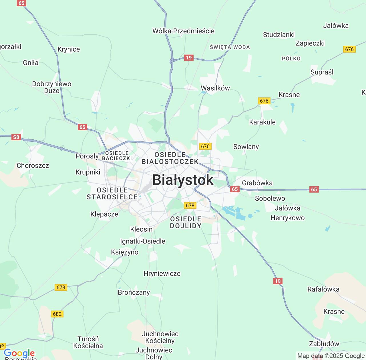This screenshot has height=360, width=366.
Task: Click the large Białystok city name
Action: [183, 180]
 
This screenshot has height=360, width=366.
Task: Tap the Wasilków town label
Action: [215, 88]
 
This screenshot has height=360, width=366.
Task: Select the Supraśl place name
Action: [322, 72]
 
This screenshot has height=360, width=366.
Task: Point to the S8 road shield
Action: [16, 137]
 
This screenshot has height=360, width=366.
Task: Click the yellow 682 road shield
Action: [57, 314]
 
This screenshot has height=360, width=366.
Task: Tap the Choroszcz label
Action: [33, 166]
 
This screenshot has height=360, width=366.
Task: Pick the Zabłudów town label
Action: [324, 344]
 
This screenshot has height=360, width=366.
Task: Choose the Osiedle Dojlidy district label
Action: [186, 222]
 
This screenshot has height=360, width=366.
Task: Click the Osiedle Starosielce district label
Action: [112, 193]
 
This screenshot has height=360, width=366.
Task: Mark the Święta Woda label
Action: [230, 47]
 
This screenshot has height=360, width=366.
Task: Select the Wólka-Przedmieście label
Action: [183, 31]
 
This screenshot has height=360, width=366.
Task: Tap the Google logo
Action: [19, 353]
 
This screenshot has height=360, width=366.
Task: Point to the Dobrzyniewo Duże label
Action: [52, 87]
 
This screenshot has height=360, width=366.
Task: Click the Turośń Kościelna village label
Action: [88, 342]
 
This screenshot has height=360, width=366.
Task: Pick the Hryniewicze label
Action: [162, 273]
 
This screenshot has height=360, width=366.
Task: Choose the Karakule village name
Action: [262, 122]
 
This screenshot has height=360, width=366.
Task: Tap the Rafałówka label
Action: [323, 289]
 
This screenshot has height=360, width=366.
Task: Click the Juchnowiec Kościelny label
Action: [160, 337]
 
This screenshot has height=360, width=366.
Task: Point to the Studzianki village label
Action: [279, 35]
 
